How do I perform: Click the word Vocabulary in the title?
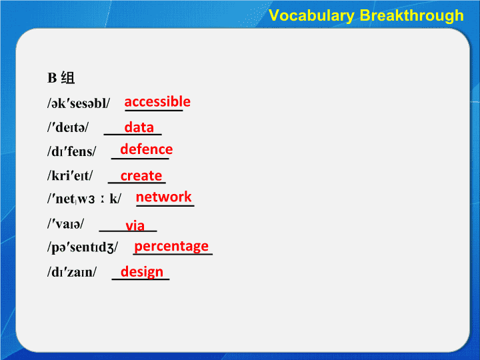point(311,16)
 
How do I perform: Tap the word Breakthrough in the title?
point(412,15)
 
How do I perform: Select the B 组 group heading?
point(61,78)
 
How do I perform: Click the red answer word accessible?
point(157,101)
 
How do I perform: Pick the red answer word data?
point(139,127)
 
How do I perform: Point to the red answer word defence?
point(146,149)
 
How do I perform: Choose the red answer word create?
point(141,176)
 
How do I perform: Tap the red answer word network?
point(163,197)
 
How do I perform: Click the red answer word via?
point(135,225)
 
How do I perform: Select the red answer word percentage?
point(171,247)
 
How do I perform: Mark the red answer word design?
point(142,272)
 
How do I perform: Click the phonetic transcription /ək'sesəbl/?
point(79,103)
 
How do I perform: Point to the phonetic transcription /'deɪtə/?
point(67,127)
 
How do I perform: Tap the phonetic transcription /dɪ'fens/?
point(71,151)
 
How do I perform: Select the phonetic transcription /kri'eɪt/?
point(70,175)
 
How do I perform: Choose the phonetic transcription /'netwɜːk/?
point(84,199)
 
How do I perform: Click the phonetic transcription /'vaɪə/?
point(65,224)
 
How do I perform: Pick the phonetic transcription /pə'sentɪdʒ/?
point(83,247)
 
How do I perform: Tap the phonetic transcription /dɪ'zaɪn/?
point(72,272)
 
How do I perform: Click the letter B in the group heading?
point(52,78)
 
